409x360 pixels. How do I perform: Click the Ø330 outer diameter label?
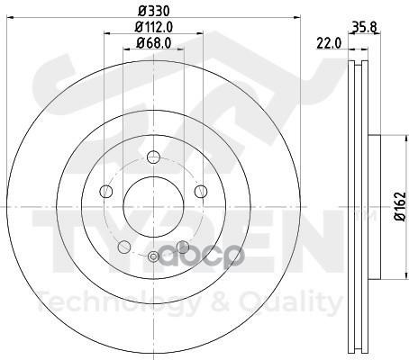point(154,11)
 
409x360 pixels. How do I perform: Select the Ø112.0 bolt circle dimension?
point(153,27)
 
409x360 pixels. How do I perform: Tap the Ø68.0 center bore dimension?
point(153,43)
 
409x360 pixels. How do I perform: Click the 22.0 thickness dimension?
point(329,44)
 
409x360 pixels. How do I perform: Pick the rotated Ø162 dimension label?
point(400,207)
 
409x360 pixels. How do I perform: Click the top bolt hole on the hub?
point(153,157)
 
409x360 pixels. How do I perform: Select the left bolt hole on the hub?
point(106,192)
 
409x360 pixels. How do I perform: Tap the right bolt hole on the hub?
point(201,192)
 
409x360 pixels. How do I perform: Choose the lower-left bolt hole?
point(124,247)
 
